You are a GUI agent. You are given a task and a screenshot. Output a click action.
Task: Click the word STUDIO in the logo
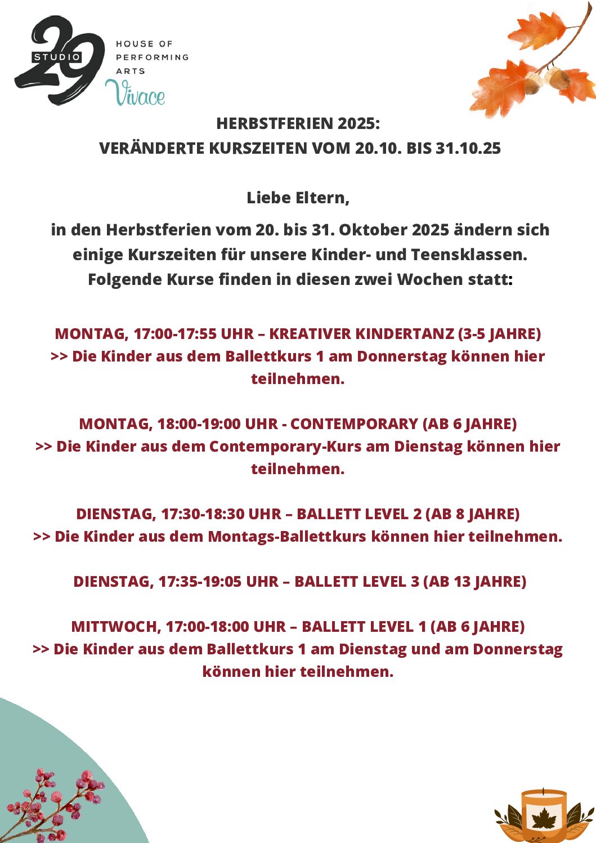coord(57,57)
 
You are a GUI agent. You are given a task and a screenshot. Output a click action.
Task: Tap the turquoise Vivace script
coord(135,93)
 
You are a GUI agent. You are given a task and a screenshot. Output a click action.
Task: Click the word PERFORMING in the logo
coord(152,57)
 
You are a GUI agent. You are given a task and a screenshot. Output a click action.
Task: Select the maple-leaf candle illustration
coord(544,815)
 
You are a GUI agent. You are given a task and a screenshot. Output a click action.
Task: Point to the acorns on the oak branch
coord(545,79)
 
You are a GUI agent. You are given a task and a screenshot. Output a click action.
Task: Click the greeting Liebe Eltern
coord(298,198)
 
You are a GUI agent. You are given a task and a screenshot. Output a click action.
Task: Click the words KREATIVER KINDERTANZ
coord(361,333)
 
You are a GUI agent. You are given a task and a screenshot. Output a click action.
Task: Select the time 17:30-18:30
coord(202,514)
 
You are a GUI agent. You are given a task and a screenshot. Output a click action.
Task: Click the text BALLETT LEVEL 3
coord(357,581)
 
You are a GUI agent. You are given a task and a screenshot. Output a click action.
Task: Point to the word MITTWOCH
coord(116,626)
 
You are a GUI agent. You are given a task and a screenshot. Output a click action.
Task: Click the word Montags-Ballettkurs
coord(287,536)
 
